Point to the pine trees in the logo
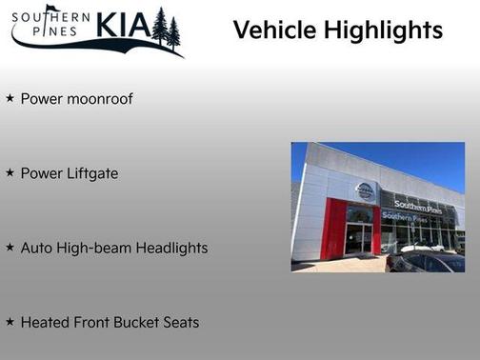[166, 28]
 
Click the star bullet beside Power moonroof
[10, 98]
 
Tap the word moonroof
[99, 99]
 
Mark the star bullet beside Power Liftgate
[10, 173]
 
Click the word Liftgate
[91, 174]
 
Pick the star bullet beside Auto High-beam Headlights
[10, 248]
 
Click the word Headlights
[171, 249]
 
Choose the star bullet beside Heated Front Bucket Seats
[10, 322]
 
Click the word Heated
[44, 323]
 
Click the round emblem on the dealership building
[365, 191]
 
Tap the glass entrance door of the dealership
[359, 237]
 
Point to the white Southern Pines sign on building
[417, 206]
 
